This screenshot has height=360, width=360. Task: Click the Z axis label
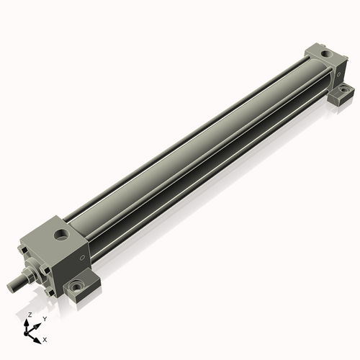tap(30, 315)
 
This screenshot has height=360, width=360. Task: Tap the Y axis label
tap(45, 319)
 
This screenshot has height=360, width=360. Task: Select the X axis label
tap(45, 340)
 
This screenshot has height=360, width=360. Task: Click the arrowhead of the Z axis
tap(27, 323)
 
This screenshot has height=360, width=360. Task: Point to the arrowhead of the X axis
tap(37, 341)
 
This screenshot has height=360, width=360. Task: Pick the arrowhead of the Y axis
tap(37, 326)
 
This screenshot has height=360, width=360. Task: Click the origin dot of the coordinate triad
tap(26, 333)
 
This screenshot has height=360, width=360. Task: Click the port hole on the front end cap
tap(62, 234)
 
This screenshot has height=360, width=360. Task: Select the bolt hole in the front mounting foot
tap(76, 287)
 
